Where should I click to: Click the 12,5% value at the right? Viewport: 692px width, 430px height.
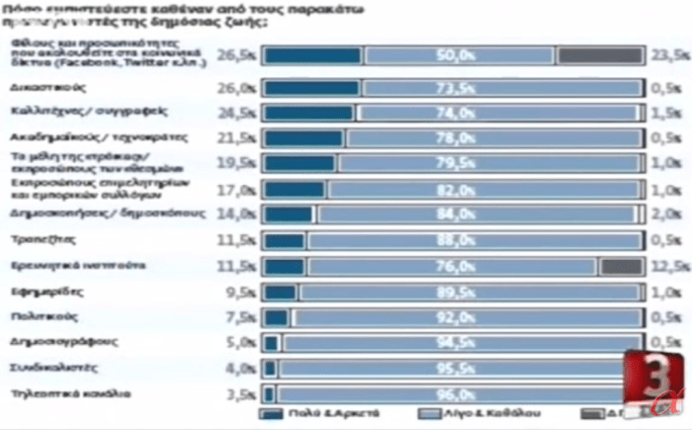click(x=667, y=266)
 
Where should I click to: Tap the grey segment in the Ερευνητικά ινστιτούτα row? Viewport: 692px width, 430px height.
click(x=621, y=266)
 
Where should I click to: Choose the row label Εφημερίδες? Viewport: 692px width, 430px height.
click(x=38, y=292)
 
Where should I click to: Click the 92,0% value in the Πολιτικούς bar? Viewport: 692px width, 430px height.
click(x=454, y=317)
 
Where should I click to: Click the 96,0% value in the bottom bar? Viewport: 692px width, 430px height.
click(x=454, y=393)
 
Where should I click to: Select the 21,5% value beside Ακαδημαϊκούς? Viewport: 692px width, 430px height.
click(x=242, y=137)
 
